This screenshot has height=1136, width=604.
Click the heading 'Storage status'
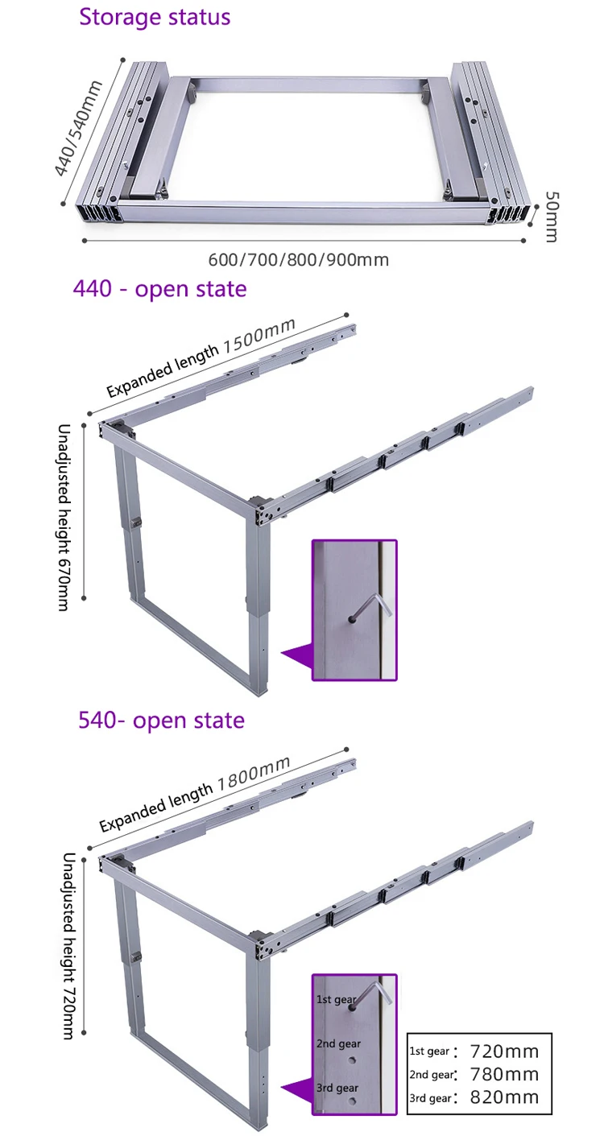[x=155, y=17]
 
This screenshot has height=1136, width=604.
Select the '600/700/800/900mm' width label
[x=299, y=259]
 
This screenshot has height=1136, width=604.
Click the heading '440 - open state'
[x=159, y=288]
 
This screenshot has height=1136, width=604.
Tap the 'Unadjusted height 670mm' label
[x=64, y=517]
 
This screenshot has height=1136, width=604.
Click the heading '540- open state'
[x=161, y=719]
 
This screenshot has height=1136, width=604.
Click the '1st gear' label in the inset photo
[x=334, y=999]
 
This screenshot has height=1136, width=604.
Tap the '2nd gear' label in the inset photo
[x=338, y=1043]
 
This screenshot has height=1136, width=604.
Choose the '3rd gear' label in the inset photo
[x=337, y=1088]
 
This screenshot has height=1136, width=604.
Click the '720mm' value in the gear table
[x=503, y=1051]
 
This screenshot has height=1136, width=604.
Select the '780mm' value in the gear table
[x=503, y=1074]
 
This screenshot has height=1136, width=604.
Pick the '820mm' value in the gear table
[x=503, y=1097]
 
